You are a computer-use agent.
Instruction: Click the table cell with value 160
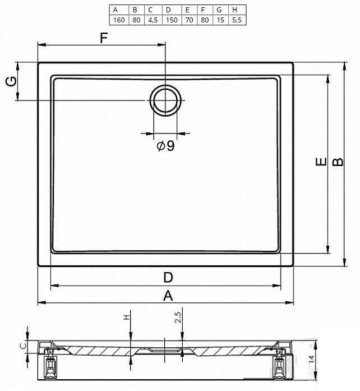[x=119, y=20]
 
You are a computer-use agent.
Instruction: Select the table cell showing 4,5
[x=153, y=20]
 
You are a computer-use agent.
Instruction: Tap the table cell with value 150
[x=172, y=20]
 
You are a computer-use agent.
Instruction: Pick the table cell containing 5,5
[x=237, y=20]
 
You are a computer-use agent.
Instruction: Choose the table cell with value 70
[x=190, y=20]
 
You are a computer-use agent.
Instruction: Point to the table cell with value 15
[x=220, y=20]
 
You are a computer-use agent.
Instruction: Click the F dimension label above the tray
[x=104, y=38]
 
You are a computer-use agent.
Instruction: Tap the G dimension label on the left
[x=11, y=81]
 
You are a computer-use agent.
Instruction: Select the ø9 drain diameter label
[x=166, y=146]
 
